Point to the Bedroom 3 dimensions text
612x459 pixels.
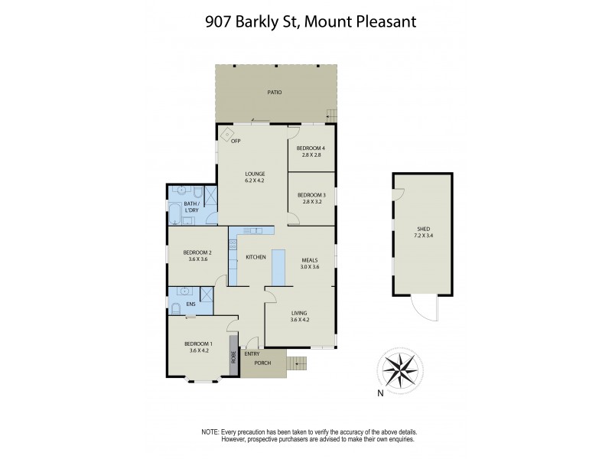[311, 201]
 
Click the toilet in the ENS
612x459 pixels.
[175, 308]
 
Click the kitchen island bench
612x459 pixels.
[279, 266]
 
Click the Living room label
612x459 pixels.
[299, 312]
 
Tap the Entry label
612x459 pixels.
[252, 353]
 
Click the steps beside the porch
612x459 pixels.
[296, 363]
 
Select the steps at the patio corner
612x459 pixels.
[331, 116]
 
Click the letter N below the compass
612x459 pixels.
[380, 395]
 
